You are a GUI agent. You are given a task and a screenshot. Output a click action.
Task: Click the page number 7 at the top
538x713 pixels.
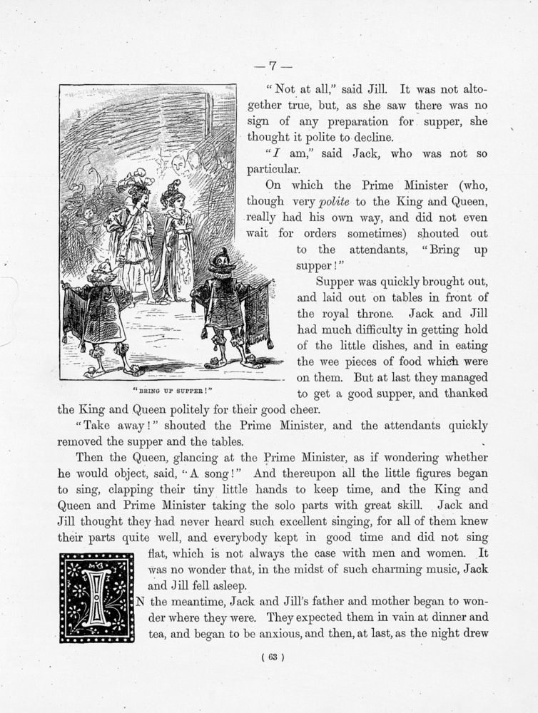[272, 66]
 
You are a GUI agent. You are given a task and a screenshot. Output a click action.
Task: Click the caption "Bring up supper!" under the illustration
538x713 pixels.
[172, 391]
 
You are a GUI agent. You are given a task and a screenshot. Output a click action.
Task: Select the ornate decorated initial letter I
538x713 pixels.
[97, 597]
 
